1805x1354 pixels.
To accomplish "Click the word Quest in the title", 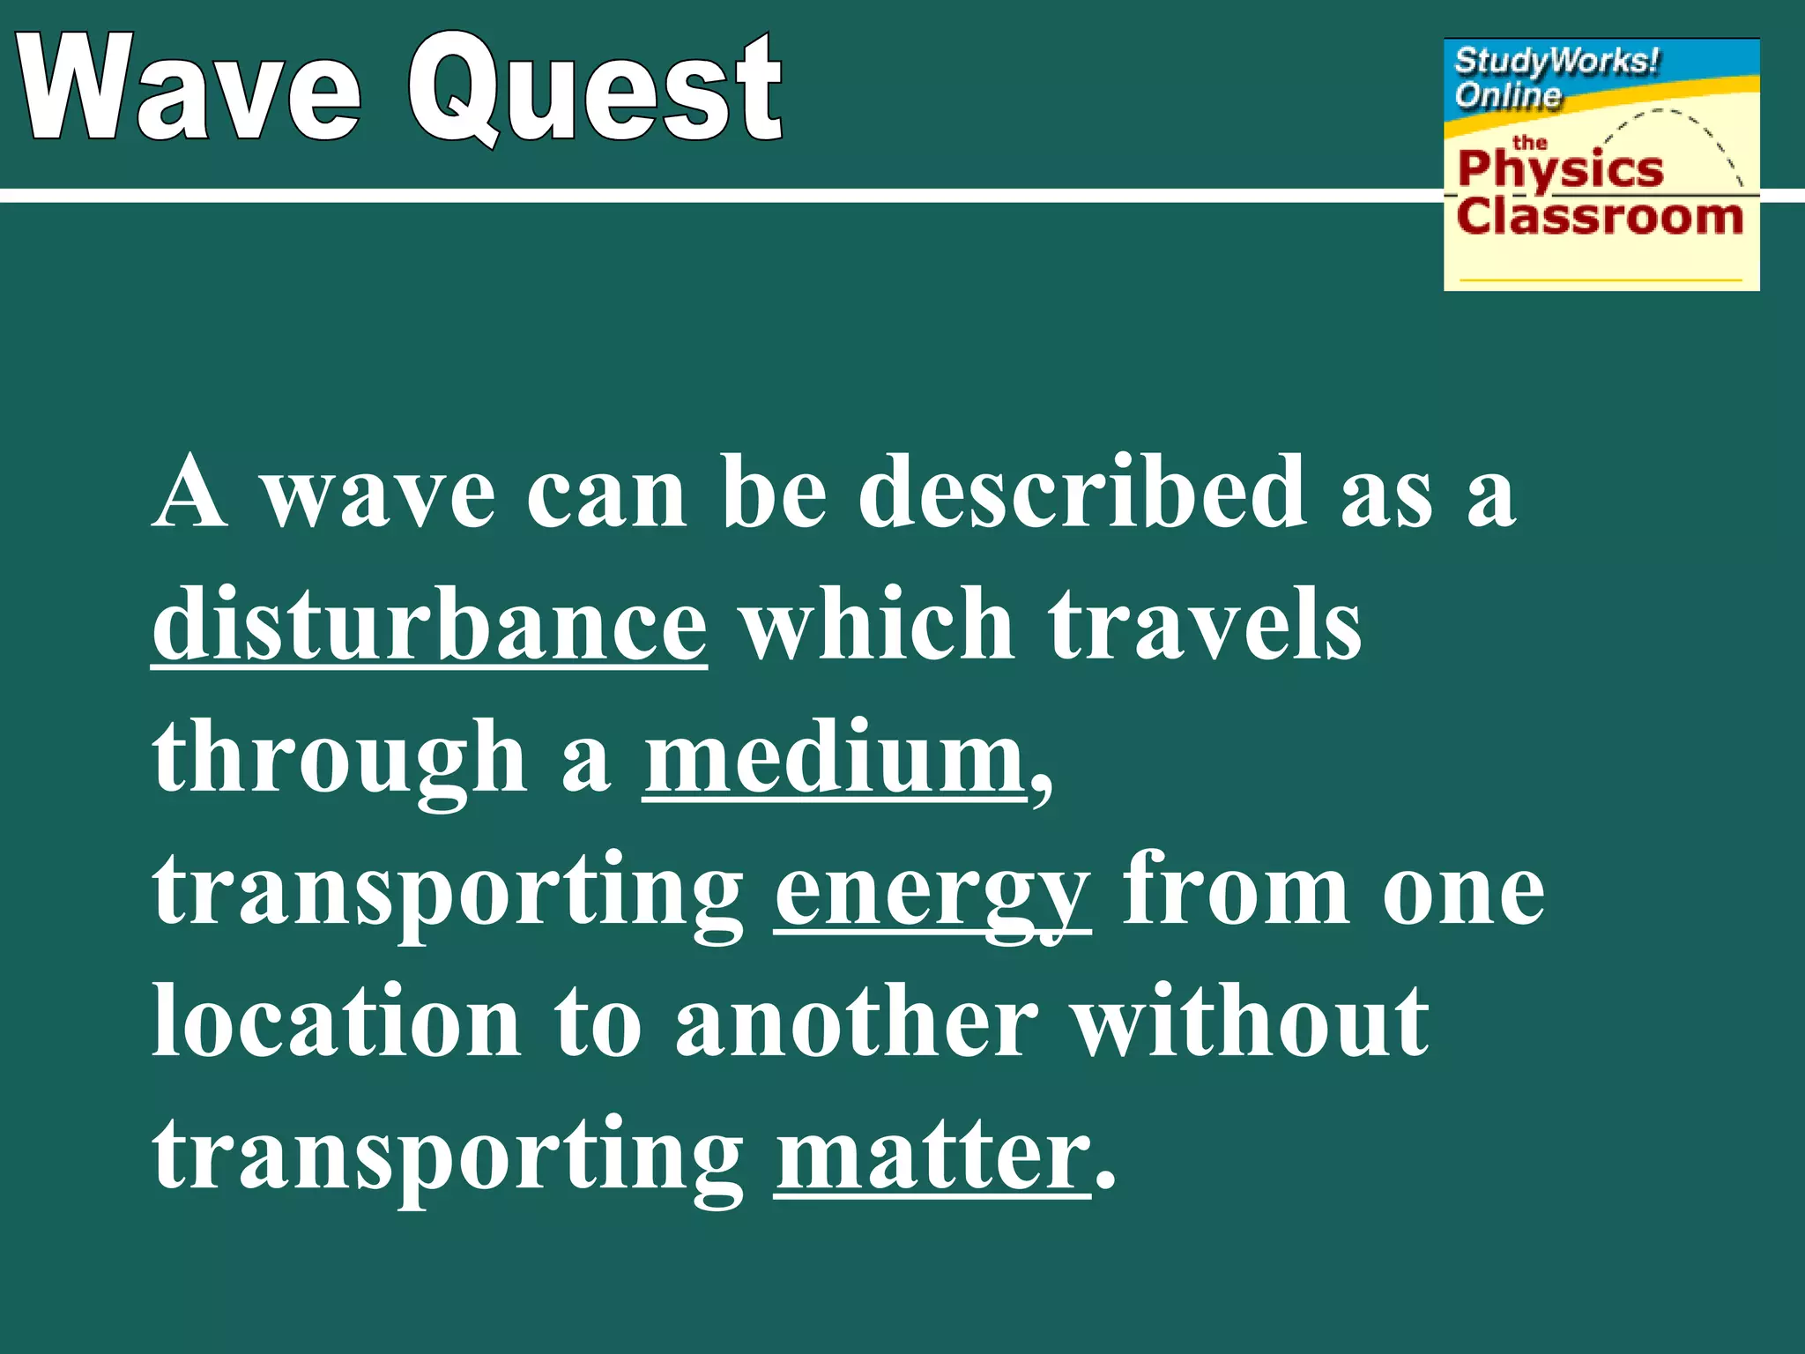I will click(x=596, y=88).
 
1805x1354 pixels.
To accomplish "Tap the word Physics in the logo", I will click(x=1560, y=169).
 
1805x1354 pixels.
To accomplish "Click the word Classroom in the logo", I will click(x=1600, y=216).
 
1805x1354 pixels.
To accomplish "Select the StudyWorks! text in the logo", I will click(x=1556, y=62).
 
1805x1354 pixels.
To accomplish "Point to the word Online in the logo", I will click(x=1507, y=94).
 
